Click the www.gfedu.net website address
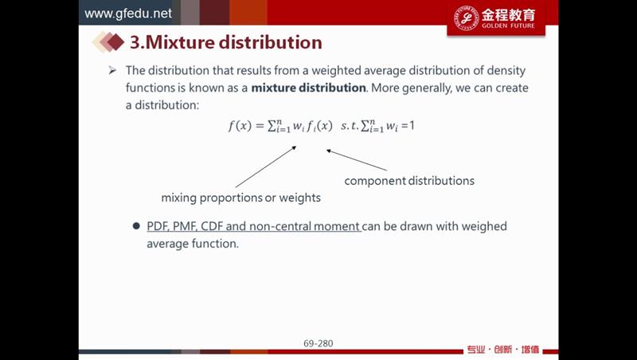click(x=128, y=14)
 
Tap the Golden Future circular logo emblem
click(x=466, y=18)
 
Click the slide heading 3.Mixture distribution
click(x=226, y=42)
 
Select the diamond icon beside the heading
click(x=108, y=42)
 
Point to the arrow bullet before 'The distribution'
click(x=112, y=71)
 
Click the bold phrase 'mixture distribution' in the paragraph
click(x=308, y=88)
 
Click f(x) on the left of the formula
click(x=240, y=126)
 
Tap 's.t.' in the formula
click(x=350, y=126)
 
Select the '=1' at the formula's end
click(x=408, y=126)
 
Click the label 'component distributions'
click(x=409, y=181)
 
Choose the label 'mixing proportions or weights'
click(x=241, y=198)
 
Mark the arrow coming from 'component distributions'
click(x=357, y=160)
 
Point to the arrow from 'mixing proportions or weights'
click(x=266, y=166)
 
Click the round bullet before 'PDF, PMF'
click(x=136, y=226)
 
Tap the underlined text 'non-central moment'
click(x=305, y=226)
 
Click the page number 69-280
click(x=318, y=343)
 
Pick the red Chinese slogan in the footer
click(x=503, y=350)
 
